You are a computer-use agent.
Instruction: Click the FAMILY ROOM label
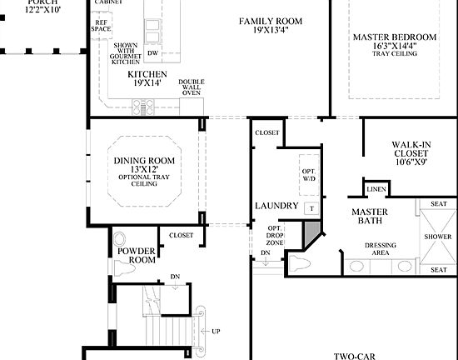click(271, 21)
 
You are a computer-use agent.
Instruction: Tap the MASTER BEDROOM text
click(394, 37)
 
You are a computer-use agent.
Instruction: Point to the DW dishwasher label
click(152, 53)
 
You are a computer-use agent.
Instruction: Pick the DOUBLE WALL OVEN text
click(192, 88)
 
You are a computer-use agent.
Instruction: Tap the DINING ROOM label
click(144, 161)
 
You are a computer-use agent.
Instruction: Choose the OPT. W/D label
click(309, 173)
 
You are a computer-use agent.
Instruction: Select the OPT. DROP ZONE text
click(275, 234)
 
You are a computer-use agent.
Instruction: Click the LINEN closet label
click(376, 188)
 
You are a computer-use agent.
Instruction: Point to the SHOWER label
click(438, 237)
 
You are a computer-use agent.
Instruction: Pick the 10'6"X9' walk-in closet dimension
click(411, 163)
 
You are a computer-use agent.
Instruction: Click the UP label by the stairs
click(216, 332)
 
